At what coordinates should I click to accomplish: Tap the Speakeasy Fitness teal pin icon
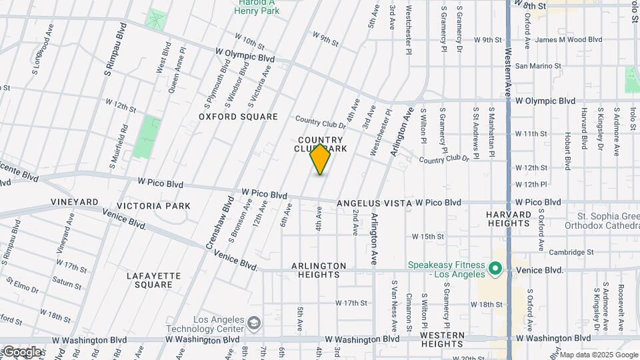tap(495, 269)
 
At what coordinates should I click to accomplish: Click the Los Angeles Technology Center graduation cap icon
tap(253, 323)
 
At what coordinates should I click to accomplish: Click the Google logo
tap(21, 352)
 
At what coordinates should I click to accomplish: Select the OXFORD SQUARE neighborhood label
tap(238, 117)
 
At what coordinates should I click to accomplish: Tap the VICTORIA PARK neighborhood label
tap(153, 206)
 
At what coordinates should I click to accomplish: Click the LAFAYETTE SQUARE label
tap(154, 279)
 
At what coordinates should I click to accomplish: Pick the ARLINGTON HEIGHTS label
tap(319, 270)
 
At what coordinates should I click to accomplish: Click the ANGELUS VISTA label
tap(374, 203)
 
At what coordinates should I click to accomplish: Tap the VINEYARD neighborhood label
tap(74, 201)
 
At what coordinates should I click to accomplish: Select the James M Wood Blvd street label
tap(568, 40)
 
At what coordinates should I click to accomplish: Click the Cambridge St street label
tap(571, 253)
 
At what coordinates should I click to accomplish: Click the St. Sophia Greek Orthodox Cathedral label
tap(607, 221)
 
